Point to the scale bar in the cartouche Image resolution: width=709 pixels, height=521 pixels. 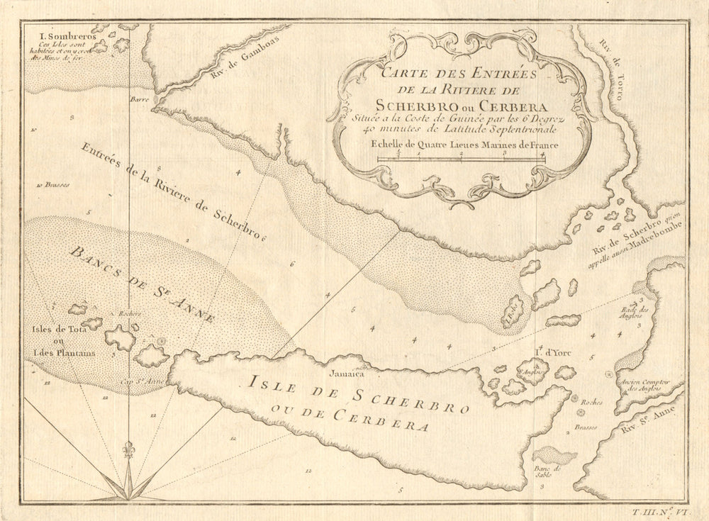(x=461, y=159)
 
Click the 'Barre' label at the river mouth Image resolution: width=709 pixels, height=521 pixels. (x=138, y=101)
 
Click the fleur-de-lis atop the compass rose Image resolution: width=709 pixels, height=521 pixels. (x=128, y=452)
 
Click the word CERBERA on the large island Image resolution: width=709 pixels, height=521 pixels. (x=379, y=420)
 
